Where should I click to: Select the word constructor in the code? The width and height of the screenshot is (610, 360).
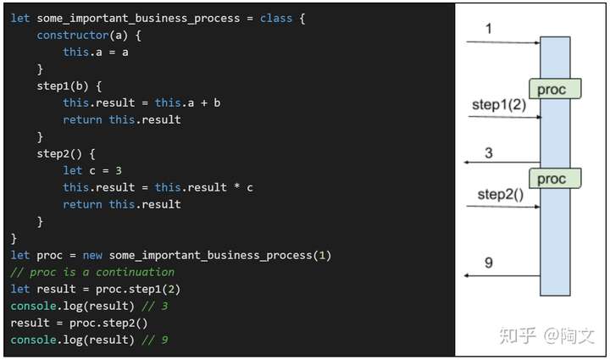coord(69,35)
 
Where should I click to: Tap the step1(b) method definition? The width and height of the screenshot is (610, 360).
coord(63,86)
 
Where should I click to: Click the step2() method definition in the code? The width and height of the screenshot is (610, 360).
coord(59,153)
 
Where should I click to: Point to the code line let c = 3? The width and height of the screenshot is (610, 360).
coord(92,170)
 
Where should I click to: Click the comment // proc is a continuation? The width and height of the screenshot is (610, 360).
coord(92,272)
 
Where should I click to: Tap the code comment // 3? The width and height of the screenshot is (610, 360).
coord(152,306)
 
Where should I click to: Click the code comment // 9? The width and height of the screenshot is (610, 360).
coord(152,340)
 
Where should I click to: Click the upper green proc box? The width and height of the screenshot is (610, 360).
coord(555,89)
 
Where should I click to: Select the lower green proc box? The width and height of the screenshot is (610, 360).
coord(555,178)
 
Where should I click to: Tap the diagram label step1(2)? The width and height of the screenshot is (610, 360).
coord(498,105)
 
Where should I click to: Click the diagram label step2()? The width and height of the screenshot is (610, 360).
coord(501,194)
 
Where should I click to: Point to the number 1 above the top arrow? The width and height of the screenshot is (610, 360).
coord(489,29)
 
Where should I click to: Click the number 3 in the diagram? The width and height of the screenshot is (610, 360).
coord(489,152)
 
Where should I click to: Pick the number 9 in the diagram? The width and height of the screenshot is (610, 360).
coord(489,263)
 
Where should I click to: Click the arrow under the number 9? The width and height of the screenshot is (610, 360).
coord(502,276)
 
